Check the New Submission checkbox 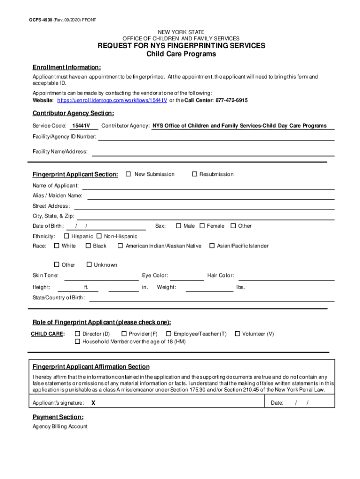pyautogui.click(x=128, y=174)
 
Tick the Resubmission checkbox pyautogui.click(x=195, y=174)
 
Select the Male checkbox pyautogui.click(x=179, y=226)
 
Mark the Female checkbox pyautogui.click(x=202, y=226)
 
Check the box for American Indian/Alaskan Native pyautogui.click(x=120, y=246)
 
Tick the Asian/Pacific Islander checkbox pyautogui.click(x=212, y=246)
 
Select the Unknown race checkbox pyautogui.click(x=89, y=265)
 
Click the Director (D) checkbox pyautogui.click(x=78, y=334)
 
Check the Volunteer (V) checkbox pyautogui.click(x=237, y=334)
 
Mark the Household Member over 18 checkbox pyautogui.click(x=78, y=341)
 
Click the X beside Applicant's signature pyautogui.click(x=94, y=403)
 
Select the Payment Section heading pyautogui.click(x=58, y=417)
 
